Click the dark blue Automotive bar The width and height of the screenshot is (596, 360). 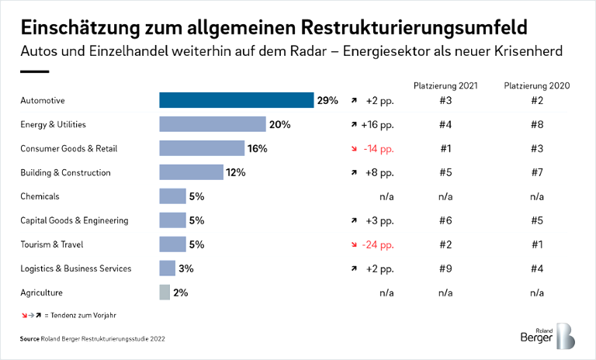coord(236,100)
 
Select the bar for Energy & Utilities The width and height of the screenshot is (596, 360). coord(212,124)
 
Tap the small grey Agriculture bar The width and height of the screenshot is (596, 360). coord(164,292)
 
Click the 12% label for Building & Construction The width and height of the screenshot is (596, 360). coord(235,172)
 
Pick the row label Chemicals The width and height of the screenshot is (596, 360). coord(40,196)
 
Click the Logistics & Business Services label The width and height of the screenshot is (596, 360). coord(75,268)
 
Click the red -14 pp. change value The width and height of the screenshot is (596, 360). coord(379,148)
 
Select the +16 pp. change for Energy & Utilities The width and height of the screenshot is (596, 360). coord(378,124)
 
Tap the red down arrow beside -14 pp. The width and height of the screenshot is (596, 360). coord(353,148)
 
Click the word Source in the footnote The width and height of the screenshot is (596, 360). coord(31,338)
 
